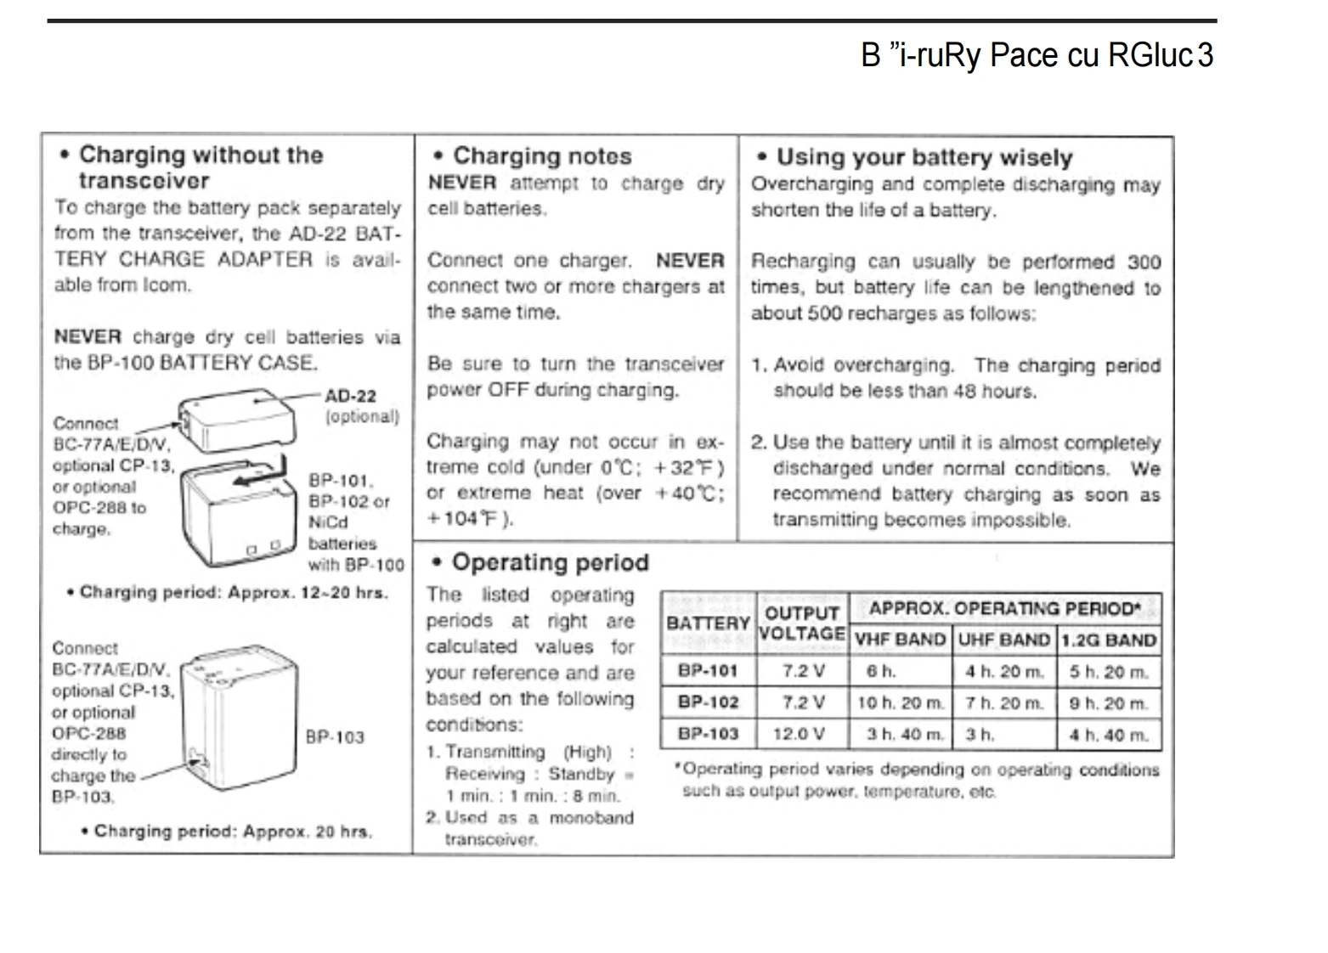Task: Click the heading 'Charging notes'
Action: point(542,156)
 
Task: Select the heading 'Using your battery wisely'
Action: point(924,157)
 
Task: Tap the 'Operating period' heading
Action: point(550,562)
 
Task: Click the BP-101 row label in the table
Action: point(708,671)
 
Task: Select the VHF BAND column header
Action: point(901,640)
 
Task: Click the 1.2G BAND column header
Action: point(1109,640)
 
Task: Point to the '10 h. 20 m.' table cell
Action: point(901,702)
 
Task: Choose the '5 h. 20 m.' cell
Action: point(1109,672)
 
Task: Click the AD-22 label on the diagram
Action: point(350,396)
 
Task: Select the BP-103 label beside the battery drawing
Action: point(335,737)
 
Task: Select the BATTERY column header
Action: point(708,623)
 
